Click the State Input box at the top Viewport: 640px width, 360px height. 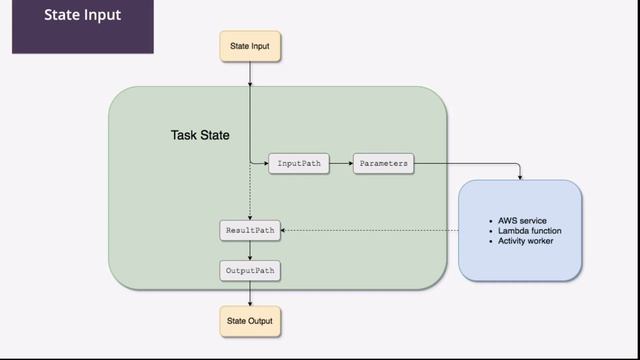(249, 45)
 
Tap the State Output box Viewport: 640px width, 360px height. (249, 321)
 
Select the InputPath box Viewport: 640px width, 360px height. (298, 163)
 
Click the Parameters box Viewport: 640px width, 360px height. (383, 163)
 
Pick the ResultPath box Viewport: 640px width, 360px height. (249, 231)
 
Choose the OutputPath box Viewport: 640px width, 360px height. (249, 270)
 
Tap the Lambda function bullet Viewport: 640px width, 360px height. (529, 231)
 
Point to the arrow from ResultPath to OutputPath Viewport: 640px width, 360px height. (249, 250)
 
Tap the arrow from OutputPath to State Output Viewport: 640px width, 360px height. (249, 293)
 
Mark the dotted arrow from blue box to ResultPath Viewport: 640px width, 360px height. (370, 231)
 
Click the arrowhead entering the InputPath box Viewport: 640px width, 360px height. (265, 163)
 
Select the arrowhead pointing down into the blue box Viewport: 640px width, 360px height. (520, 177)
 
